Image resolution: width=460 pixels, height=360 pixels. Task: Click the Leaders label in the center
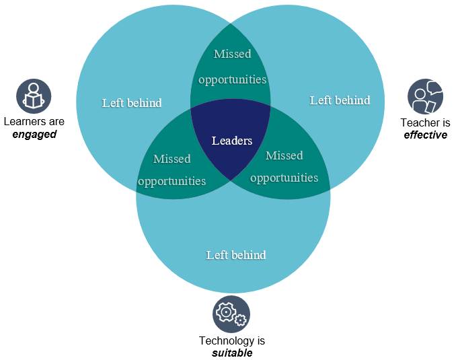tap(232, 141)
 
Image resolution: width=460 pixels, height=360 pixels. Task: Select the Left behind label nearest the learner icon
tap(132, 103)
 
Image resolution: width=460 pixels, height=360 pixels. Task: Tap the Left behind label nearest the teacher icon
tap(340, 100)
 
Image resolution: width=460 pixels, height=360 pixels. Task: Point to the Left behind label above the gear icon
tap(236, 255)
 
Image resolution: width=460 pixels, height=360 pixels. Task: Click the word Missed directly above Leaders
tap(232, 54)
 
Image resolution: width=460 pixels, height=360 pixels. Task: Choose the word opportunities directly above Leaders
tap(233, 79)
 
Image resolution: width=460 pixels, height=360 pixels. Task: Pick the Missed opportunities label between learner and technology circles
tap(172, 170)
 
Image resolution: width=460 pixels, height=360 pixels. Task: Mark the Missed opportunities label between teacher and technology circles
tap(284, 166)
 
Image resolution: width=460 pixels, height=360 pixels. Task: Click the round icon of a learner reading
tap(34, 96)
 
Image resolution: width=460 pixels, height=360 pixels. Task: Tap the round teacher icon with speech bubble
tap(425, 96)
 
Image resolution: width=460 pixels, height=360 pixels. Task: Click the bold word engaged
tap(34, 134)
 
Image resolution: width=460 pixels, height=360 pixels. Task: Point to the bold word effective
tap(425, 135)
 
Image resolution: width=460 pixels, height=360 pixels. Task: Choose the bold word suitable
tap(231, 353)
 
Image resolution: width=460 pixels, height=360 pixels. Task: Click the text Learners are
tap(34, 122)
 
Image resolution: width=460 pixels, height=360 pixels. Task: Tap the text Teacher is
tap(425, 122)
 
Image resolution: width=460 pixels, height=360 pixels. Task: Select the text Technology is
tap(231, 340)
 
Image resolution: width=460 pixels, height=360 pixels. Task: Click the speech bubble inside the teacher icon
tap(433, 88)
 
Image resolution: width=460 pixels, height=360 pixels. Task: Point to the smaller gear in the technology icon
tap(240, 320)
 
